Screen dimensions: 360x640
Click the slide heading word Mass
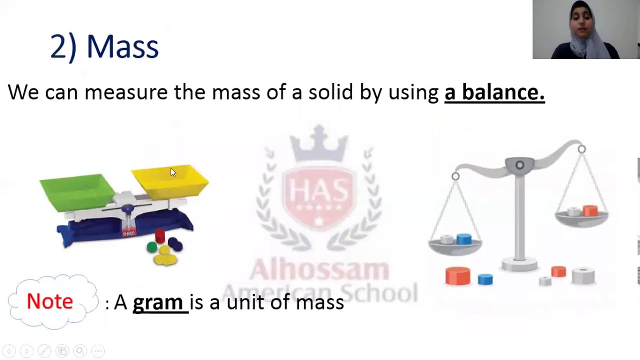point(122,47)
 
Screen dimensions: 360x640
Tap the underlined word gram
point(158,302)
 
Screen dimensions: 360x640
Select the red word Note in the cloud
point(50,301)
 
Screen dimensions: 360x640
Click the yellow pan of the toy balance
point(170,180)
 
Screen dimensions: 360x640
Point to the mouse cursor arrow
point(172,172)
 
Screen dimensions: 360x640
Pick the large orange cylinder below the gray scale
point(458,275)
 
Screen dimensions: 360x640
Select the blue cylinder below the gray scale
point(485,279)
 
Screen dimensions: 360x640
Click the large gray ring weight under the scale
point(583,275)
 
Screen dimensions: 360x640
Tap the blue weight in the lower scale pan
point(464,239)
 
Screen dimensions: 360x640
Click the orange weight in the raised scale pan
point(590,210)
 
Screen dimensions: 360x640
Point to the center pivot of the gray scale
point(519,165)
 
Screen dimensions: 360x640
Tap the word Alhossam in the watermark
point(319,270)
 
